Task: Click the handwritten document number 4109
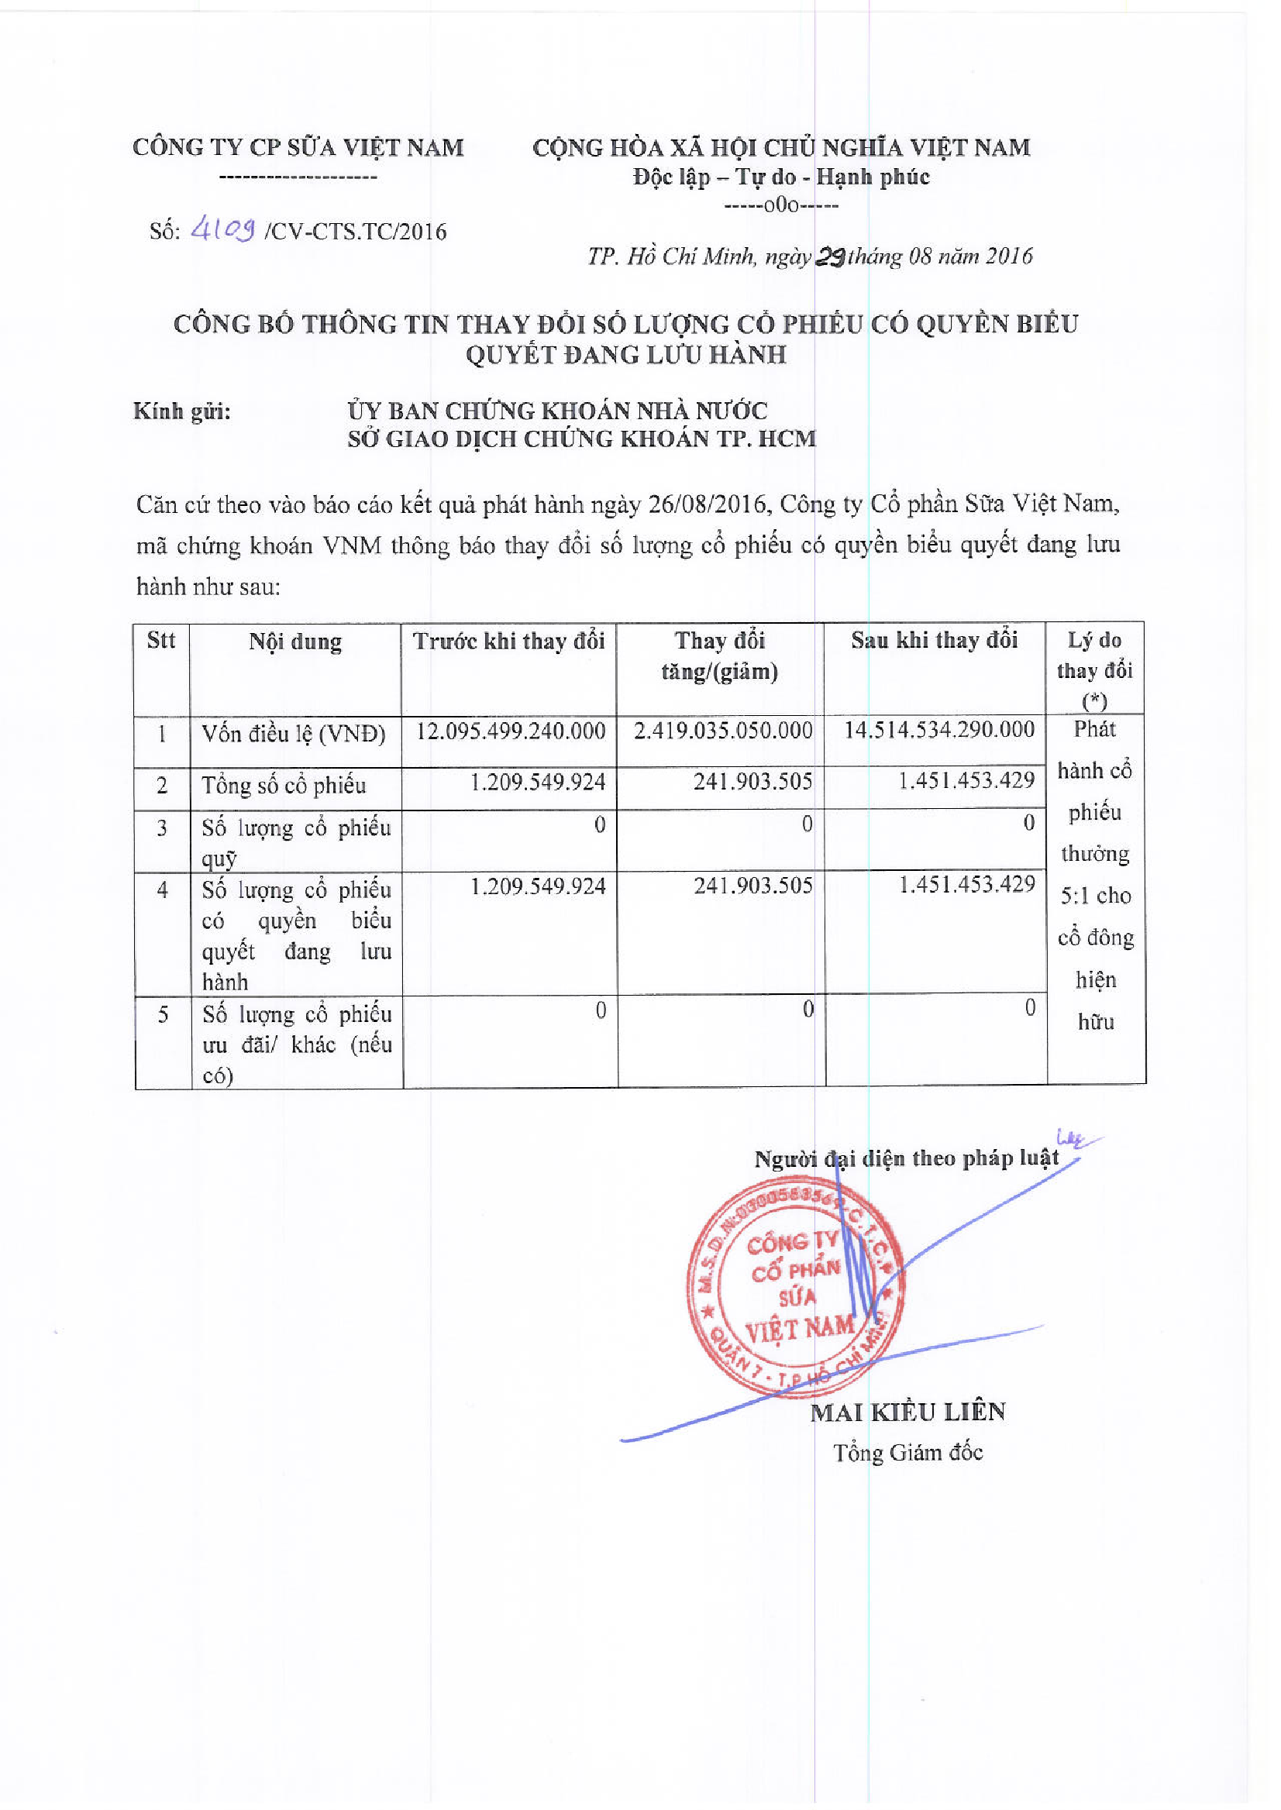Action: [x=223, y=229]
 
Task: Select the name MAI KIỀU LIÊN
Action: [x=908, y=1412]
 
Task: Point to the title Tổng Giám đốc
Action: [x=908, y=1453]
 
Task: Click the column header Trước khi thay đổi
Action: [x=509, y=642]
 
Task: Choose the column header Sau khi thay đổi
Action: [x=934, y=639]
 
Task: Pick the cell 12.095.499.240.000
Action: [x=511, y=731]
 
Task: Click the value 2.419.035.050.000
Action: [x=722, y=731]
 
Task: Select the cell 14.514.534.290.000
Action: [x=938, y=730]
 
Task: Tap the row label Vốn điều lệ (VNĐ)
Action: [x=294, y=735]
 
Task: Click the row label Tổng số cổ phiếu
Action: [x=283, y=786]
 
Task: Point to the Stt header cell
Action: [x=161, y=639]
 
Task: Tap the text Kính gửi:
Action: [x=181, y=411]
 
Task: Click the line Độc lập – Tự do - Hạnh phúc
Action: [x=781, y=177]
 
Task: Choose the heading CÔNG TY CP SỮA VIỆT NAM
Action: [x=298, y=147]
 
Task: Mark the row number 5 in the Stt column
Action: [x=163, y=1014]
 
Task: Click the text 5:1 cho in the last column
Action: [x=1096, y=896]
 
